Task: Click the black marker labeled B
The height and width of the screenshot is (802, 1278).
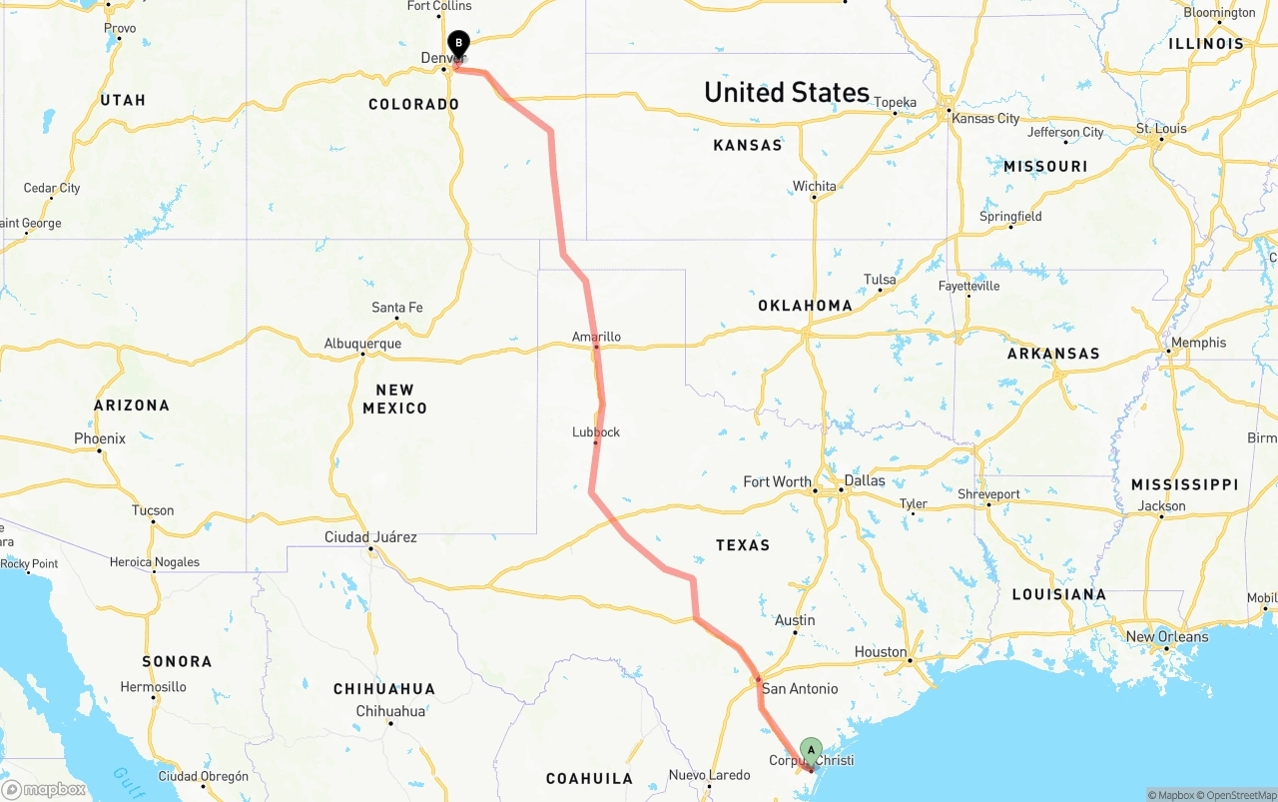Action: (x=458, y=44)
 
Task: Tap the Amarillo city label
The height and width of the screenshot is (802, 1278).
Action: (x=596, y=337)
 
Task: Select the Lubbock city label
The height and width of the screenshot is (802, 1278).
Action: (x=596, y=432)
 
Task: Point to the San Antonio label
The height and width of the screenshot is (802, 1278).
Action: (x=800, y=688)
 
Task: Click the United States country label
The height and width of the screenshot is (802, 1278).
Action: (x=787, y=93)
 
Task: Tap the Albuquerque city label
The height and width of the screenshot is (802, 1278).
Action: (x=362, y=344)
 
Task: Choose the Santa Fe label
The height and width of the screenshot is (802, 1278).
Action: (x=396, y=307)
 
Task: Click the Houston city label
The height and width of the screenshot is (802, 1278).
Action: (x=881, y=652)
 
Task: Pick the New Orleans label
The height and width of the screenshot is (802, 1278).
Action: (x=1166, y=636)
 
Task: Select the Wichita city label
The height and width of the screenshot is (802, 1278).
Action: (x=814, y=187)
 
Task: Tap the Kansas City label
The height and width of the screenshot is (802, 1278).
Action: (x=985, y=118)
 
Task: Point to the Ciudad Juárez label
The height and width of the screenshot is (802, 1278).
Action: (x=370, y=537)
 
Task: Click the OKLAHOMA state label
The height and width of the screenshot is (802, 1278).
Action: (x=805, y=306)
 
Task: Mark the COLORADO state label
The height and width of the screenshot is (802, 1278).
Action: (x=413, y=104)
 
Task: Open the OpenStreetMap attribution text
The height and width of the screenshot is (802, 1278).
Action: (x=1239, y=795)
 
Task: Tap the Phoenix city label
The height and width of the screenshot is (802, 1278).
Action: (x=100, y=438)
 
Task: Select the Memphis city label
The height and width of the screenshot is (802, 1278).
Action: (x=1198, y=343)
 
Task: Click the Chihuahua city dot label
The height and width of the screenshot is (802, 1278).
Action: (x=390, y=711)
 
